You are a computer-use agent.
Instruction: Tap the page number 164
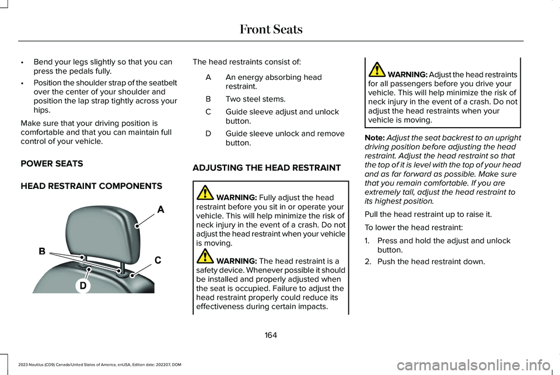(x=270, y=335)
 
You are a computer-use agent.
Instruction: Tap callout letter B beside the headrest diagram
(x=42, y=252)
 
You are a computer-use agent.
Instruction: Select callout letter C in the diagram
(x=158, y=260)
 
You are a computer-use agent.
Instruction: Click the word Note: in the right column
(x=373, y=137)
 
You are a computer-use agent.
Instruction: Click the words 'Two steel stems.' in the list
(x=255, y=99)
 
